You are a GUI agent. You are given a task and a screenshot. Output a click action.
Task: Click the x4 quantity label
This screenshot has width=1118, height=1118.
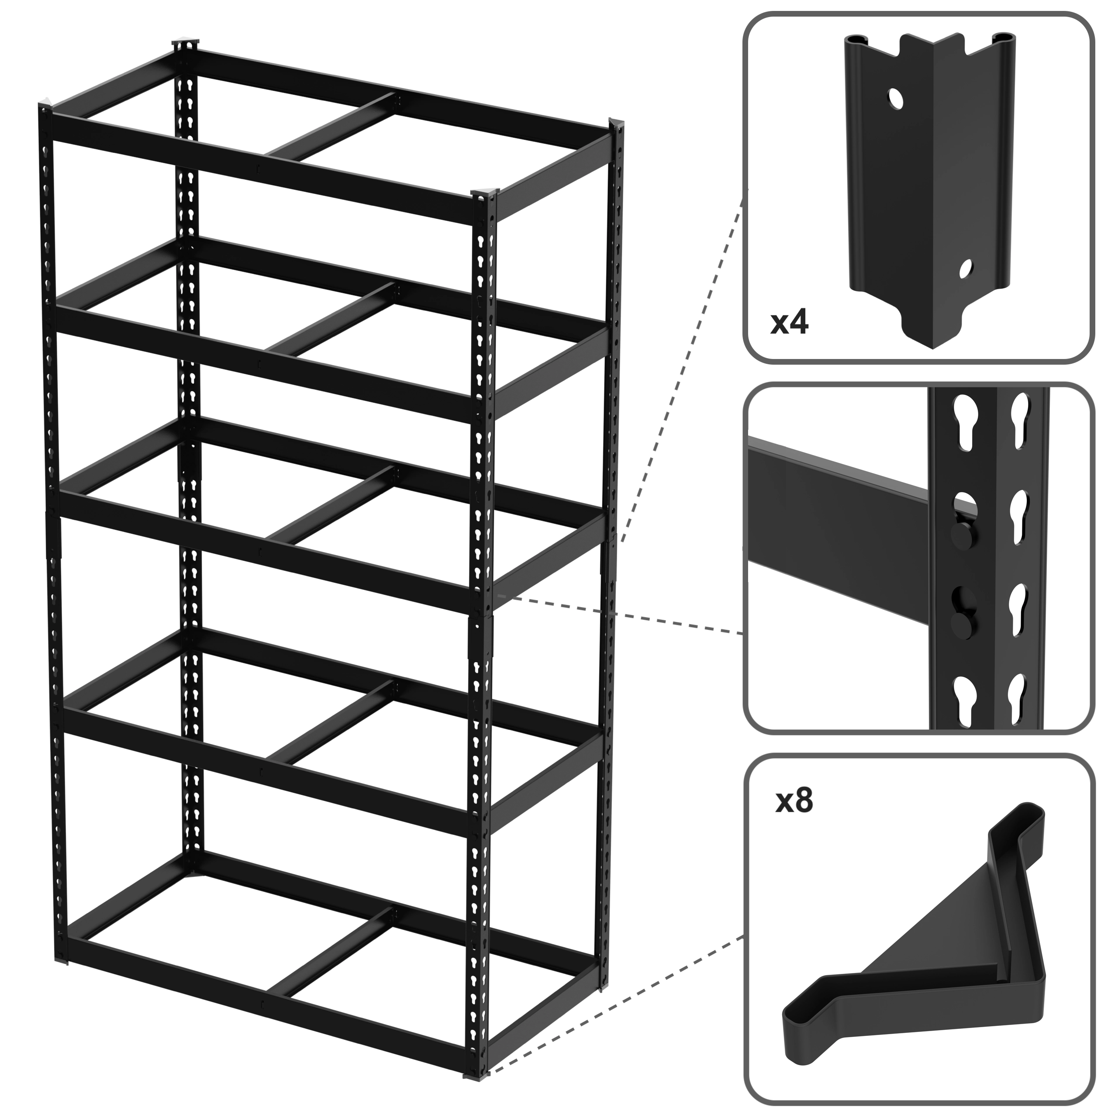tap(789, 324)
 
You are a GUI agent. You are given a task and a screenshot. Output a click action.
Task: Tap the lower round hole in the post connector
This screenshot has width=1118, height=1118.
tap(965, 269)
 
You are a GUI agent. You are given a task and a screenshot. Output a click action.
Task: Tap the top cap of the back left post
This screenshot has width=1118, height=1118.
tap(185, 45)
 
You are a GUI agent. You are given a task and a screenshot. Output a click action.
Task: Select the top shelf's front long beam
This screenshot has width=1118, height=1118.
tap(263, 171)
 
